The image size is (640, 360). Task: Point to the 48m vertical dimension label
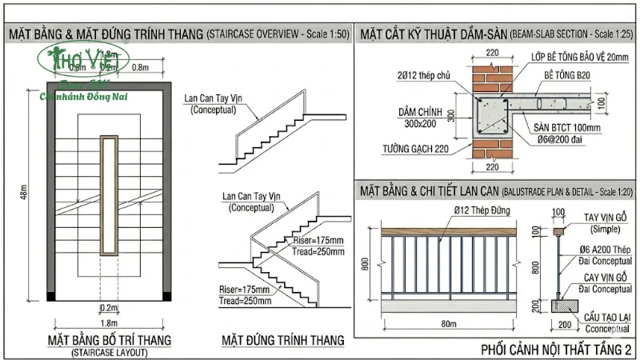pyautogui.click(x=25, y=191)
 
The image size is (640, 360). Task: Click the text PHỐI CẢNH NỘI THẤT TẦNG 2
pyautogui.click(x=556, y=350)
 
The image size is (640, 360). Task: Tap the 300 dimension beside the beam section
pyautogui.click(x=451, y=115)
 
